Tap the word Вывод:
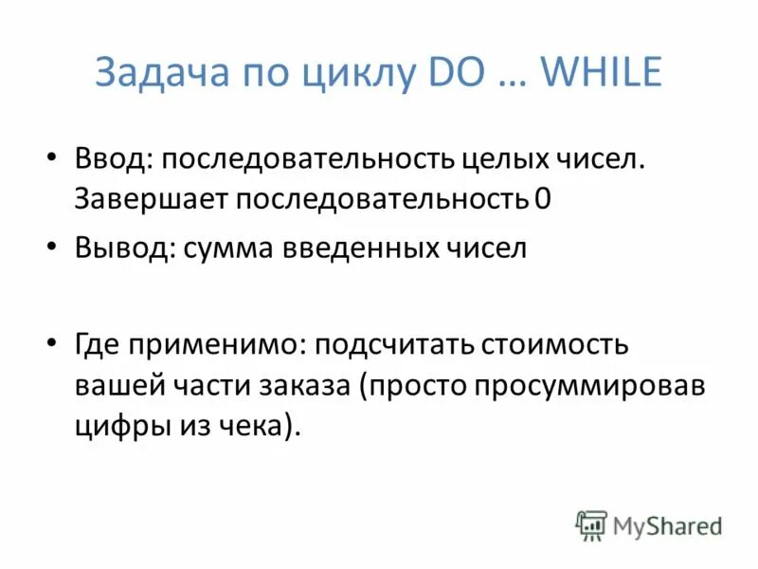click(x=122, y=248)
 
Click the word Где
click(x=98, y=344)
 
